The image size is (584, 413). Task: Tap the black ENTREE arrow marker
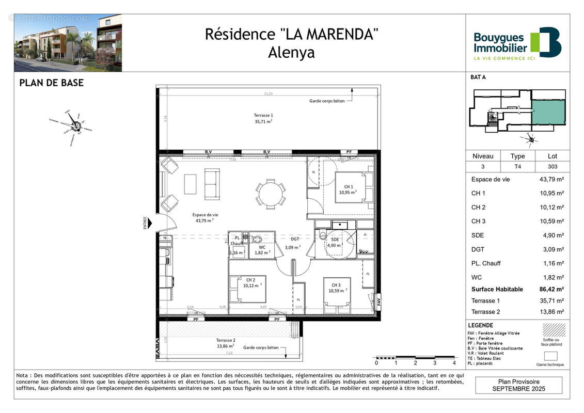click(150, 223)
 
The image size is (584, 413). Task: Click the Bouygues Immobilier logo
click(517, 43)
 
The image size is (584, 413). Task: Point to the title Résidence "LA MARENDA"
click(292, 35)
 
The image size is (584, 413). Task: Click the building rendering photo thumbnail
click(68, 43)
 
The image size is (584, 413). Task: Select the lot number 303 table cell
click(551, 166)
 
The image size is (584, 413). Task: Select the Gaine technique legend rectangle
click(551, 356)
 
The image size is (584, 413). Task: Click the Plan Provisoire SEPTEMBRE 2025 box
click(519, 385)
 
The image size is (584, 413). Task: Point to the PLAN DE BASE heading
click(51, 83)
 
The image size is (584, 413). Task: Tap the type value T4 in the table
click(517, 166)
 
